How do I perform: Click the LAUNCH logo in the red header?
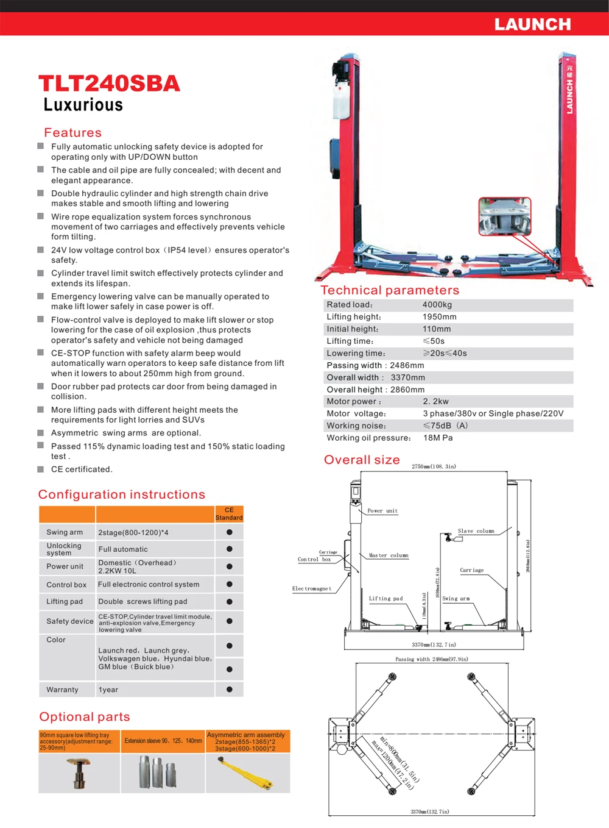click(x=532, y=24)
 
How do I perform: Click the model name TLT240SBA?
click(x=110, y=84)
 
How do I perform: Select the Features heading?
click(x=72, y=132)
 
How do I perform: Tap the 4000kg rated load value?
click(x=437, y=305)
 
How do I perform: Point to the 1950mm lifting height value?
click(x=439, y=317)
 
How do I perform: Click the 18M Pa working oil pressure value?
click(x=438, y=438)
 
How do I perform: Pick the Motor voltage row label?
click(x=356, y=413)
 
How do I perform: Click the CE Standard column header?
click(x=229, y=514)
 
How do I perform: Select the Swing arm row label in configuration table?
click(x=65, y=532)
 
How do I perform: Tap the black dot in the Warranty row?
click(x=230, y=690)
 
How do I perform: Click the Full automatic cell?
click(x=123, y=549)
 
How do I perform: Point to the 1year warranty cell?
click(x=108, y=690)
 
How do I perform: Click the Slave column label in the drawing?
click(x=476, y=531)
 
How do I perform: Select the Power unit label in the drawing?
click(x=382, y=511)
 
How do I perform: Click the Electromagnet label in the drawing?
click(x=312, y=588)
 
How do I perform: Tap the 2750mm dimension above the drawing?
click(x=434, y=466)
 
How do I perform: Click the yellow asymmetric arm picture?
click(x=247, y=773)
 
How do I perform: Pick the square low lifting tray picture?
click(x=79, y=773)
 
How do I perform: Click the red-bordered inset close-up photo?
click(x=505, y=216)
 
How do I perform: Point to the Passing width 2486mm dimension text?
click(x=431, y=659)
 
